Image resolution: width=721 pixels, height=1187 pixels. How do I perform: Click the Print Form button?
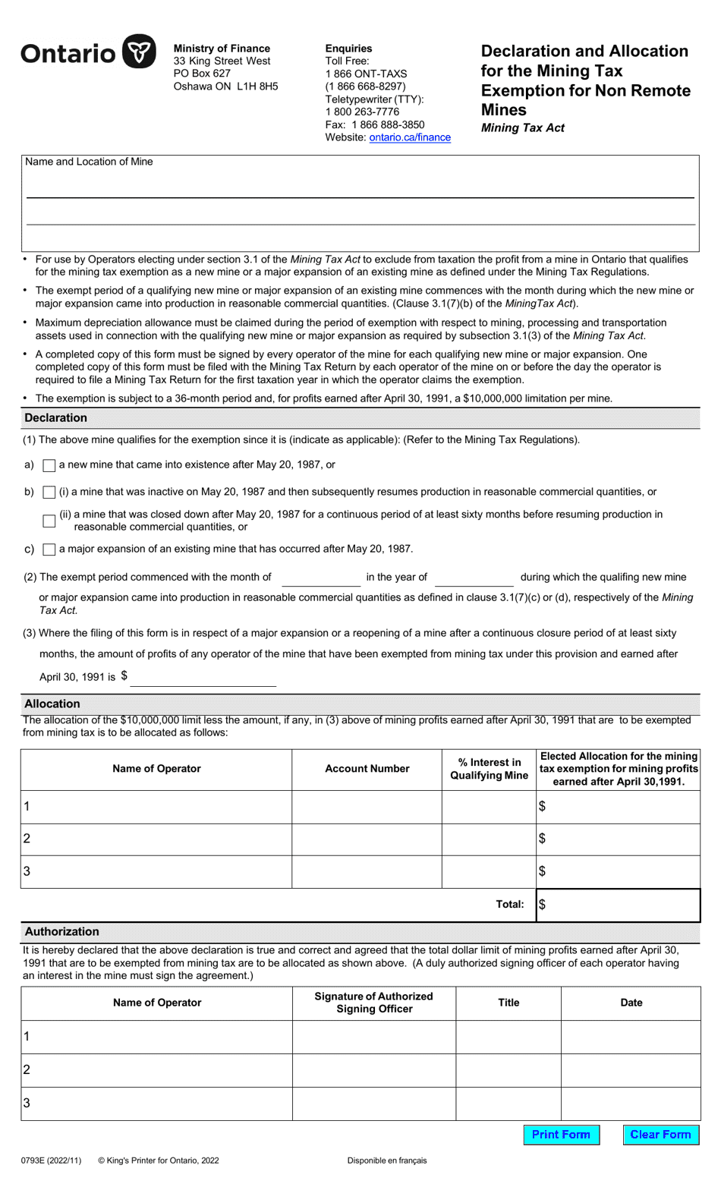(561, 1135)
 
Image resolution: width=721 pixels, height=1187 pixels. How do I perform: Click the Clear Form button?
(660, 1135)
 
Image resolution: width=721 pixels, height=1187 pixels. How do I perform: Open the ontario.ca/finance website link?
(410, 137)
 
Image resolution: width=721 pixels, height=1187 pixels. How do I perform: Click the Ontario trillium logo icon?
(139, 52)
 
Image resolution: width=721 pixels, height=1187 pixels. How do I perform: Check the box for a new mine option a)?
(49, 465)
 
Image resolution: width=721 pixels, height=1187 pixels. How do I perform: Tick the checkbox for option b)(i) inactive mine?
(49, 493)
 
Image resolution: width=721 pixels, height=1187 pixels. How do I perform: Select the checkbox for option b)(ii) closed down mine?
(49, 521)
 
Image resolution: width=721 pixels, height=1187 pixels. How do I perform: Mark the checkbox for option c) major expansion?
(49, 549)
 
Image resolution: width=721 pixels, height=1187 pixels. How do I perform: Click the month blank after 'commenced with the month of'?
(320, 578)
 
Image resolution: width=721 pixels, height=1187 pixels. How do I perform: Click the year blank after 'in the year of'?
(474, 578)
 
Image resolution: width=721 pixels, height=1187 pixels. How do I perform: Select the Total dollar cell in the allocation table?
(618, 905)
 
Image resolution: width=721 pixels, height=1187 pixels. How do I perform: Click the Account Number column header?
(367, 769)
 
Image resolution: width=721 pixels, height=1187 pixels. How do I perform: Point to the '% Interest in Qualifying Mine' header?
(489, 769)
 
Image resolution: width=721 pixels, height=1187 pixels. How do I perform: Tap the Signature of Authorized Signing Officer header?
(373, 1003)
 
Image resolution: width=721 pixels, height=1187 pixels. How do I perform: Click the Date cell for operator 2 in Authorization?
(631, 1070)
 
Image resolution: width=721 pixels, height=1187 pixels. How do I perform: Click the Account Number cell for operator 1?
(367, 807)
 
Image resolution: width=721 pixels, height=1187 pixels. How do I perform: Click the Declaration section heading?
(56, 418)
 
